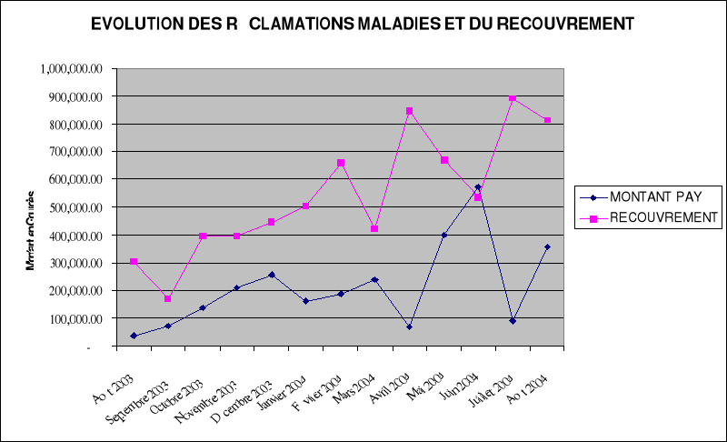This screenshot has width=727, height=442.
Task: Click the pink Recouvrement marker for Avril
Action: point(409,111)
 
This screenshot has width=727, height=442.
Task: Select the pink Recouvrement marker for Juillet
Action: point(513,98)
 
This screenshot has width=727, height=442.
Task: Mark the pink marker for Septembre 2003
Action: point(167,298)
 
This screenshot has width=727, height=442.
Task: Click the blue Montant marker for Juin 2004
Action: point(478,187)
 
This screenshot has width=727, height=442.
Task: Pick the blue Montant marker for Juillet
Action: point(513,321)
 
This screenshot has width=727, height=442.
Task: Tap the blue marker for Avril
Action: point(409,326)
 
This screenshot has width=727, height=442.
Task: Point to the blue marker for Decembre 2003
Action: point(271,275)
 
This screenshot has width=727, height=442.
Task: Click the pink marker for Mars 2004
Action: point(374,228)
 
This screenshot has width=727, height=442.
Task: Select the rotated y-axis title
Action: point(32,232)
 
